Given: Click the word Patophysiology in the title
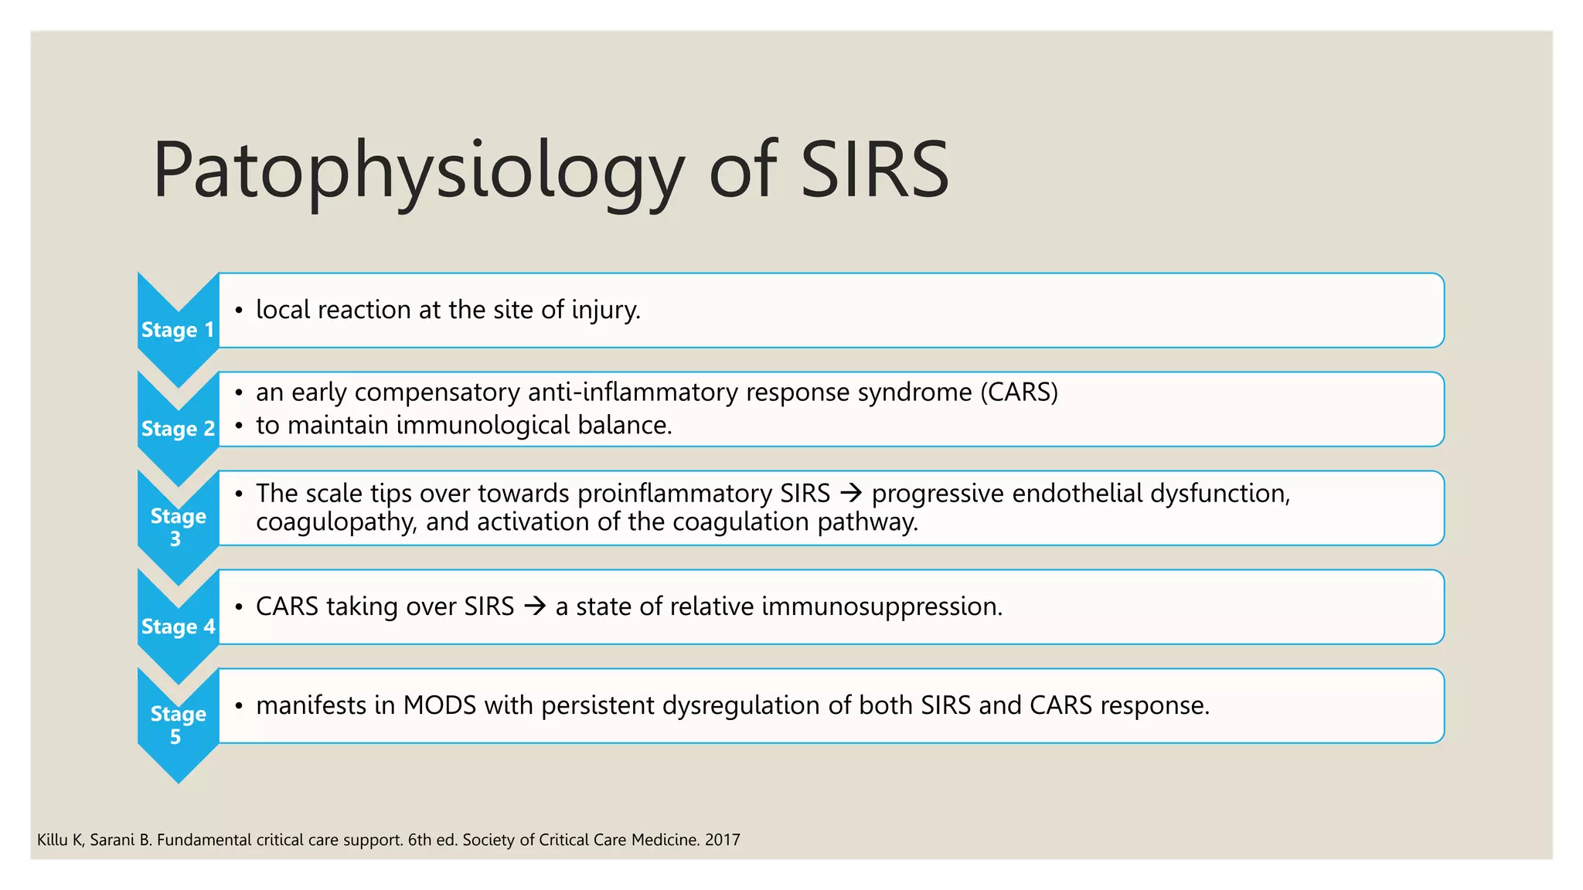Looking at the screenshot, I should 417,170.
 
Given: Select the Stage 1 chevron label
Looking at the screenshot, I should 178,330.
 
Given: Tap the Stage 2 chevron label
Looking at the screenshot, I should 178,429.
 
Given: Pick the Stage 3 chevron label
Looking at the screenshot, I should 178,527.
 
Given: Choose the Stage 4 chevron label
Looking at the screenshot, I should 178,627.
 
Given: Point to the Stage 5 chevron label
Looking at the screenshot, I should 178,725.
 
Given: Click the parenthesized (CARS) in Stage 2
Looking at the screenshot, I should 1019,392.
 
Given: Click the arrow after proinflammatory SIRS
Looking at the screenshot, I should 850,493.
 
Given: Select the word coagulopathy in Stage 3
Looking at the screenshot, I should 336,522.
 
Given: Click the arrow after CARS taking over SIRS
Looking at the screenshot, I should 535,606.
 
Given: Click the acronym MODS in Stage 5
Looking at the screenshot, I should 439,705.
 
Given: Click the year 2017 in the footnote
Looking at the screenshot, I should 723,840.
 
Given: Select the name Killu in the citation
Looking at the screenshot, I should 52,840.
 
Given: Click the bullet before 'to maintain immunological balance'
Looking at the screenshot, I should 239,426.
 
